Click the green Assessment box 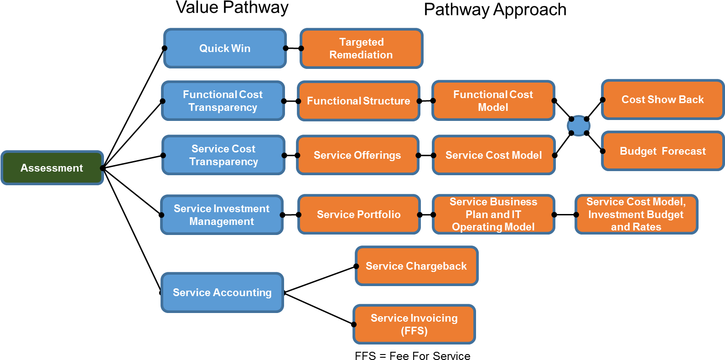(52, 168)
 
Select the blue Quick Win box (225, 48)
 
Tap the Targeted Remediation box (361, 48)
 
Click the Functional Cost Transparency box (223, 101)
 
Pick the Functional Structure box (358, 101)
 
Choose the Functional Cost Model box (493, 101)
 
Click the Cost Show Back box (663, 99)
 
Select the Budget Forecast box (663, 151)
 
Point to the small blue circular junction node (579, 125)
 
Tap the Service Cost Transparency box (223, 155)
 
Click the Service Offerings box (357, 155)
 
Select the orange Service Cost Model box (493, 155)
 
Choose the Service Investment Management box (222, 215)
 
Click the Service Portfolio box (359, 214)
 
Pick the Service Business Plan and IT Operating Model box (493, 214)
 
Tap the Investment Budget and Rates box (636, 214)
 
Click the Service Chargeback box (416, 266)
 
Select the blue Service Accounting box (222, 292)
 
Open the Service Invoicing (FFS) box (414, 324)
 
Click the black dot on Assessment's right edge (102, 168)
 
